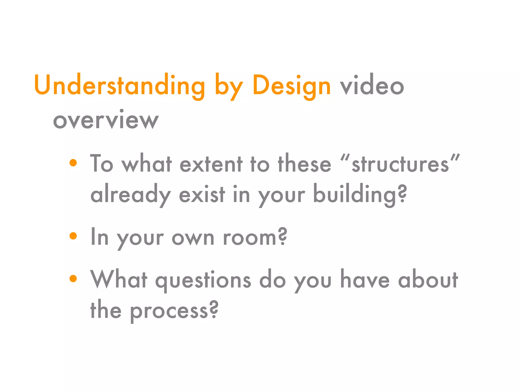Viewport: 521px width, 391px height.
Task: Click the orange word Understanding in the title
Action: tap(120, 86)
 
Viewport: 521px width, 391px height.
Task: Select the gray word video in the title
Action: tap(372, 86)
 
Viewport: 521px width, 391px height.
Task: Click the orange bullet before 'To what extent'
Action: tap(73, 163)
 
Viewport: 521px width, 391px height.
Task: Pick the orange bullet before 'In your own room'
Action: tap(73, 236)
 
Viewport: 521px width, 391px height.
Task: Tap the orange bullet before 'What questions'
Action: tap(73, 278)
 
